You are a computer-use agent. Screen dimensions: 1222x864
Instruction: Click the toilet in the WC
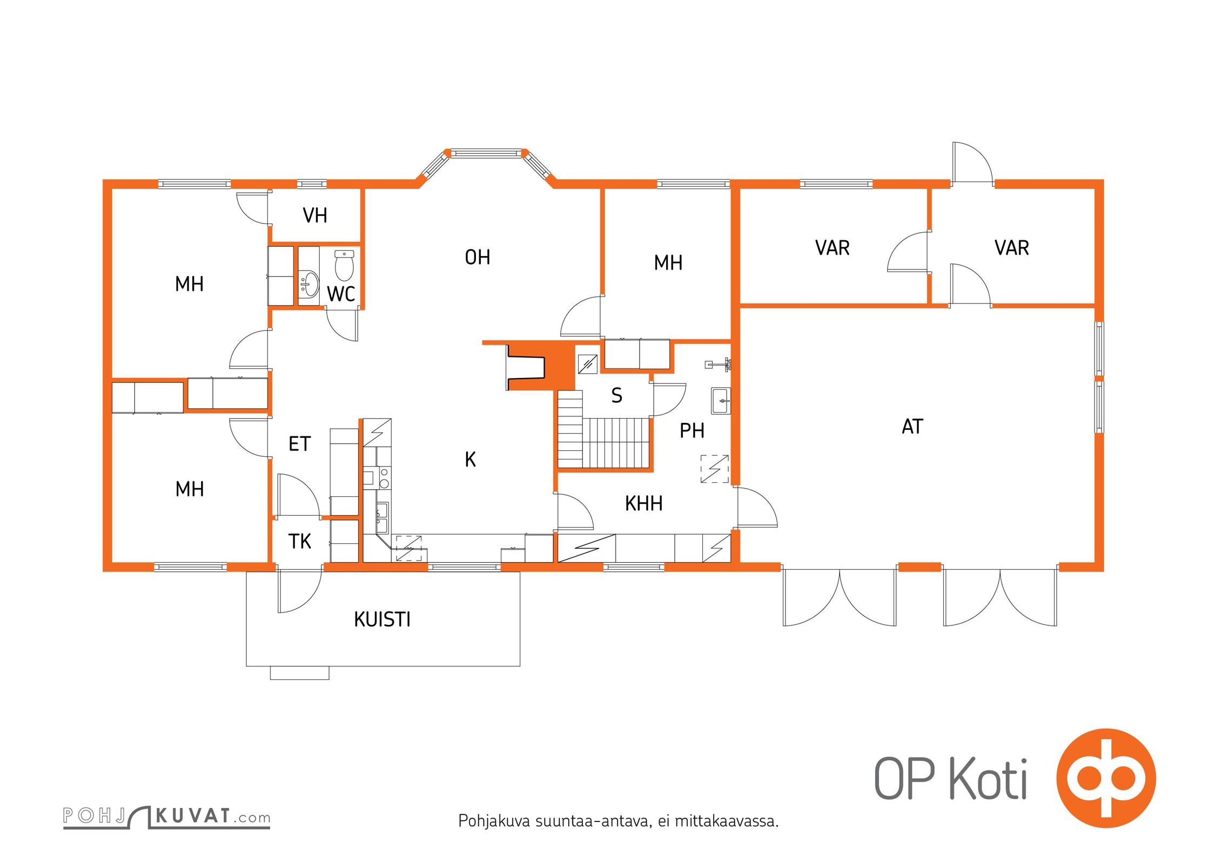click(x=344, y=265)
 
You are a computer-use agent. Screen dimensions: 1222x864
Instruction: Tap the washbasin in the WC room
click(x=309, y=283)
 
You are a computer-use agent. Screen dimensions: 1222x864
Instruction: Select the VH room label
click(x=315, y=215)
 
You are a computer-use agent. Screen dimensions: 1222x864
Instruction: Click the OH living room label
click(x=478, y=258)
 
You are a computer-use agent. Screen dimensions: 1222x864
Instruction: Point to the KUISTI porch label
click(x=382, y=619)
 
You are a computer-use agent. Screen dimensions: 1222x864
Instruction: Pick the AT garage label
click(x=912, y=427)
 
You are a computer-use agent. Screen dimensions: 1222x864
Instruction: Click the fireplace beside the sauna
click(x=526, y=367)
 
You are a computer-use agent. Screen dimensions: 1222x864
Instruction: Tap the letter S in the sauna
click(x=616, y=395)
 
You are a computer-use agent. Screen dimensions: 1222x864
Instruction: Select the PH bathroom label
click(x=692, y=430)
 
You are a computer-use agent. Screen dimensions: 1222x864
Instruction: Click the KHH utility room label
click(x=643, y=503)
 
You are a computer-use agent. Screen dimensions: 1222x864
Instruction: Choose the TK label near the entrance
click(x=300, y=541)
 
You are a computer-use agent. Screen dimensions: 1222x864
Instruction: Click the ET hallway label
click(x=300, y=444)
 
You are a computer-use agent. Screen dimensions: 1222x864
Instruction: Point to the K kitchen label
click(x=470, y=460)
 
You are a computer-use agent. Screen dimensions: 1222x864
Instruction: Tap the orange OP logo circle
click(x=1106, y=778)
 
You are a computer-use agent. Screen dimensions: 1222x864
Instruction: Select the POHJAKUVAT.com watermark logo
click(x=167, y=816)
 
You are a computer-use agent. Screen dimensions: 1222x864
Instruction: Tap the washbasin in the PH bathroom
click(x=721, y=401)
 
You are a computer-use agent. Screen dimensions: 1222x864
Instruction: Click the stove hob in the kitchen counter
click(x=384, y=477)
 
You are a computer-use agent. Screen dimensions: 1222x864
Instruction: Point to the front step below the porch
click(x=299, y=673)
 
